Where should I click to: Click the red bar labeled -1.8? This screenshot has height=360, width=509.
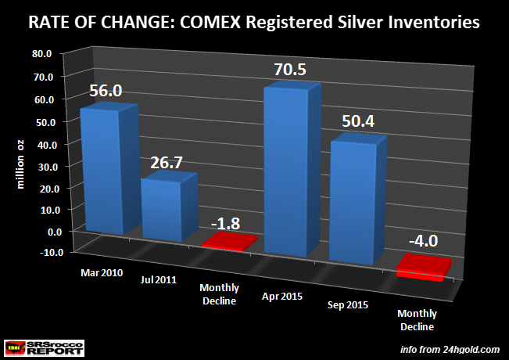[x=228, y=243]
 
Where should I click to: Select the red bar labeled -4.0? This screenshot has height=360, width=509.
[x=423, y=268]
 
